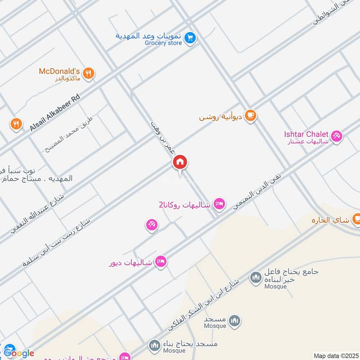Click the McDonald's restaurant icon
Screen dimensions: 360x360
pos(89,73)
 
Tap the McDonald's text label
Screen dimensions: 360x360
pos(59,71)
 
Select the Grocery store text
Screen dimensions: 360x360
pos(163,43)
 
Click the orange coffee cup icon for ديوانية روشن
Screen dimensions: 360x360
pos(251,116)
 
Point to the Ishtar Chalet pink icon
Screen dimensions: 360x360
pos(336,135)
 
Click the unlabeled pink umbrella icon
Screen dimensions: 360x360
pos(151,225)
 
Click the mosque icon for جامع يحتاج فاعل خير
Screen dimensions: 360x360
pos(256,278)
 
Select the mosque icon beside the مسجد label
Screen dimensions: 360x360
pos(234,321)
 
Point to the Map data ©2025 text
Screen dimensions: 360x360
pos(335,355)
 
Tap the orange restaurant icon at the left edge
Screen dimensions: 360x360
pos(16,124)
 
